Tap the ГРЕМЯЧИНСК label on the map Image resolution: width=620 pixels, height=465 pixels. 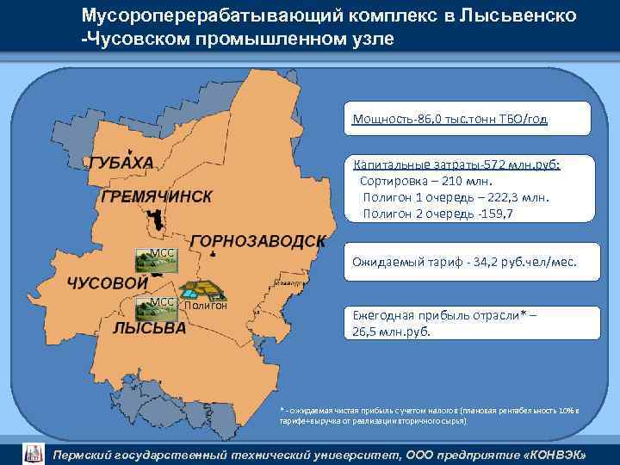click(x=156, y=197)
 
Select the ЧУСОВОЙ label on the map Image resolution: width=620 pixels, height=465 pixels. click(x=102, y=283)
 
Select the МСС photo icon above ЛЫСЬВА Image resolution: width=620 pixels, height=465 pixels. click(x=158, y=309)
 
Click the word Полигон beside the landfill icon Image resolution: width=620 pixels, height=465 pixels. click(x=206, y=305)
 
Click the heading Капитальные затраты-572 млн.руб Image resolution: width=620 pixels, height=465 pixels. click(x=456, y=165)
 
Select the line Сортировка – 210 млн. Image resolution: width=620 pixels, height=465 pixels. click(x=425, y=182)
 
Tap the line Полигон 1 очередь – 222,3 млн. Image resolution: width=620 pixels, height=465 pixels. click(x=456, y=198)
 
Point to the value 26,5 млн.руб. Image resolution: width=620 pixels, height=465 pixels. click(x=391, y=332)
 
